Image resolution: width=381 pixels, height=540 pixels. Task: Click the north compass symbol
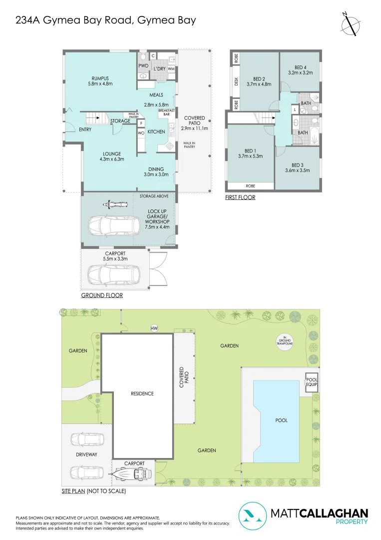(351, 24)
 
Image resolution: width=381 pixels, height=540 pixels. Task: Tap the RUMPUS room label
(100, 78)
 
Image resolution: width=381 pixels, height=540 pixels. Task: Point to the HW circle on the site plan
(154, 328)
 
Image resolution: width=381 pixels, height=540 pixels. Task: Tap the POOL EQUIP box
(312, 382)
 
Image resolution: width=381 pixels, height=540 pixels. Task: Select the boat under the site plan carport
(132, 474)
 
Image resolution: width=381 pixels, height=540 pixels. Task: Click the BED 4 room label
(300, 67)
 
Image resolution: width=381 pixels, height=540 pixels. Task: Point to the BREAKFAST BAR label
(166, 112)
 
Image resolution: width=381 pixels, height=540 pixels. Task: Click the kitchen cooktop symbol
(170, 146)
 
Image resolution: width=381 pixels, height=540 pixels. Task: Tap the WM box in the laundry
(171, 69)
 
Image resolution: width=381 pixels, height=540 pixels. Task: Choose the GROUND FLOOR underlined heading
(102, 295)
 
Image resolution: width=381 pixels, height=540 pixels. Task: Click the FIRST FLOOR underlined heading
(240, 197)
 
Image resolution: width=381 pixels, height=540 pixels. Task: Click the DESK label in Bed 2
(236, 81)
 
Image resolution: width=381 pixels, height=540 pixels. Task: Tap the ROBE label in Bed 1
(250, 186)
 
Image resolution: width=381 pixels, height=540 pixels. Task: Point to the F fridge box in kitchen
(141, 123)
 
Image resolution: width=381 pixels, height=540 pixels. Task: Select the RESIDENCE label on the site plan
(142, 393)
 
